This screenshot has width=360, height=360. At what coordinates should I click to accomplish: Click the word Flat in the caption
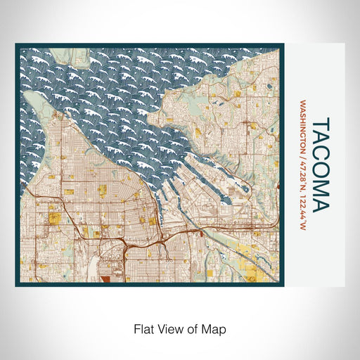coord(143,328)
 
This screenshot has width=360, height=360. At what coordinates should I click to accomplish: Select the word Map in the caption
coord(214,328)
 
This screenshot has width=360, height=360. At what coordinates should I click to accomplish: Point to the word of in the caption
coord(193,328)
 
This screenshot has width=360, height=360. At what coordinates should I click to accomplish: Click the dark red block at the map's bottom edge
coord(106,278)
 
